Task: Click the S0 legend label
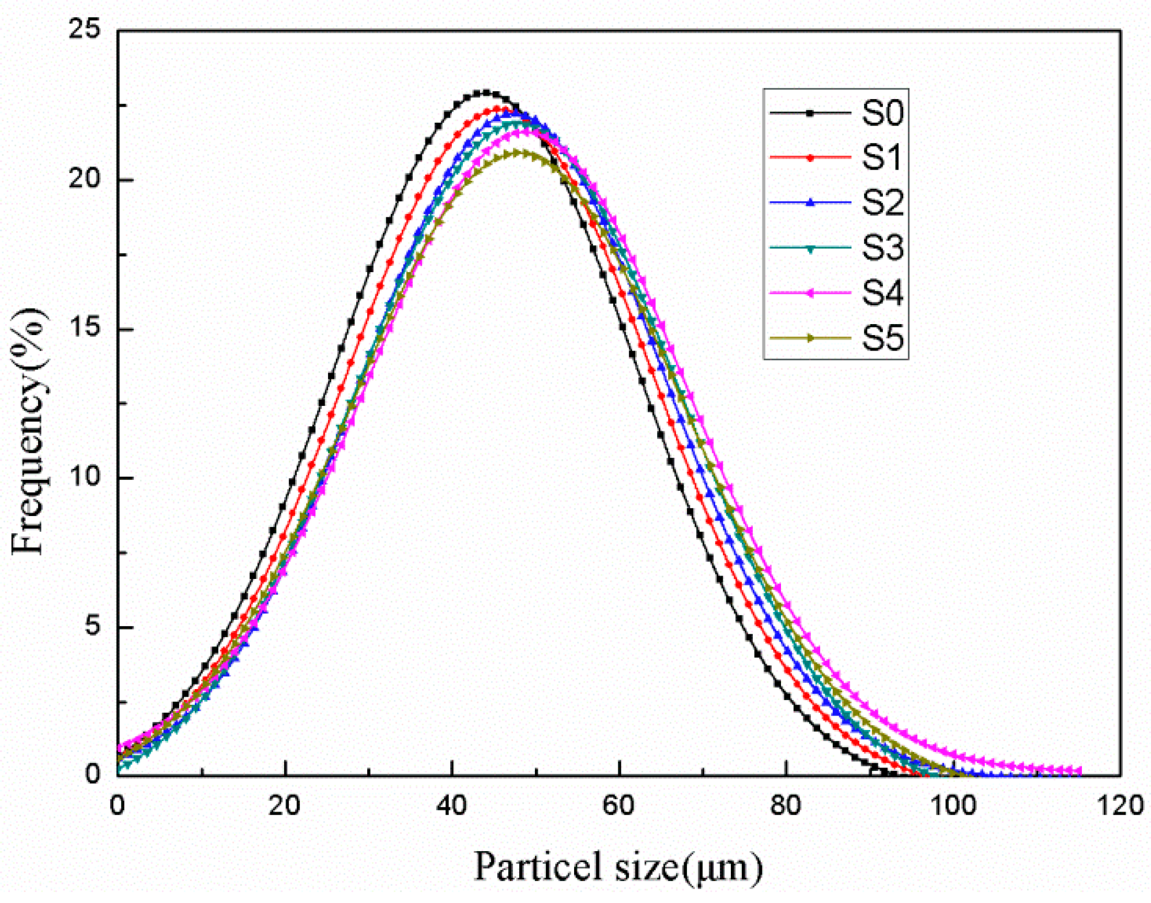coord(882,113)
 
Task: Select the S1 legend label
coord(882,157)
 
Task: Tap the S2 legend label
coord(882,202)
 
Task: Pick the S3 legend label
coord(882,248)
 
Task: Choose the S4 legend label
coord(882,293)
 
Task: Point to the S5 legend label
coord(882,338)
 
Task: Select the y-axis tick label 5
coord(92,626)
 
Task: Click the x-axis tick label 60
coord(618,805)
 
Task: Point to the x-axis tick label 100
coord(953,805)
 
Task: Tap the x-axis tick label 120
coord(1120,805)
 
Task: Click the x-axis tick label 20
coord(284,805)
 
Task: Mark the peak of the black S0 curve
coord(486,92)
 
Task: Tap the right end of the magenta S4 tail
coord(1079,771)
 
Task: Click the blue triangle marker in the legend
coord(810,202)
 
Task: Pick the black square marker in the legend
coord(810,113)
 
